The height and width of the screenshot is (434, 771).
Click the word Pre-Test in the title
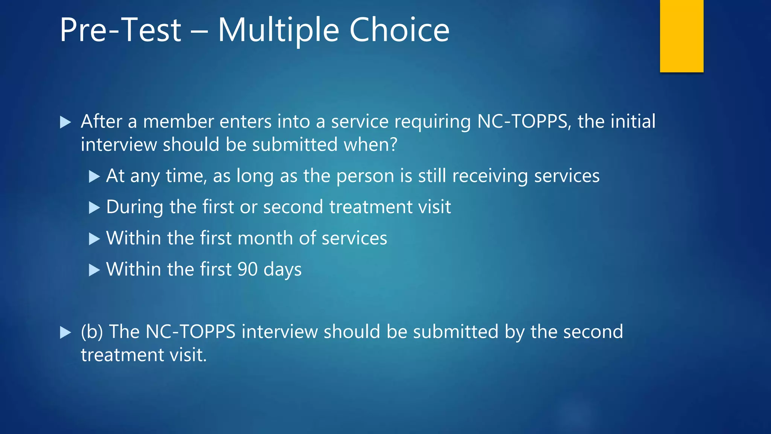[120, 30]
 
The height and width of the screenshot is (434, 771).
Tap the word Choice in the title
[399, 30]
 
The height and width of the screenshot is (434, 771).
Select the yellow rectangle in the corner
[681, 36]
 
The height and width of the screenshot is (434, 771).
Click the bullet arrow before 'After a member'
[65, 122]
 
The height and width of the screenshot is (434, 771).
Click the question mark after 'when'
[394, 145]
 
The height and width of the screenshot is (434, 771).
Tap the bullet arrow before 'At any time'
[94, 176]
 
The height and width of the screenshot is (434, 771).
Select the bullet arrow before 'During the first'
[94, 208]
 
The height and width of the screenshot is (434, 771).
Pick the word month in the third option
[265, 238]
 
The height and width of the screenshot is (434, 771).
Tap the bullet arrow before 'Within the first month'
[94, 239]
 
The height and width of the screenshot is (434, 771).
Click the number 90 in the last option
[247, 269]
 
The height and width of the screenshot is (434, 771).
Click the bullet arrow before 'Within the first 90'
[94, 270]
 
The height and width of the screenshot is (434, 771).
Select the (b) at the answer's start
[91, 332]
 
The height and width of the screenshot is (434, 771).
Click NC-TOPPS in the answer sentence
[190, 332]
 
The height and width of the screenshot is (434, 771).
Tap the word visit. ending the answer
[188, 355]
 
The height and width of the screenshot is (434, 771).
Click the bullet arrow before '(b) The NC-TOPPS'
[65, 332]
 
